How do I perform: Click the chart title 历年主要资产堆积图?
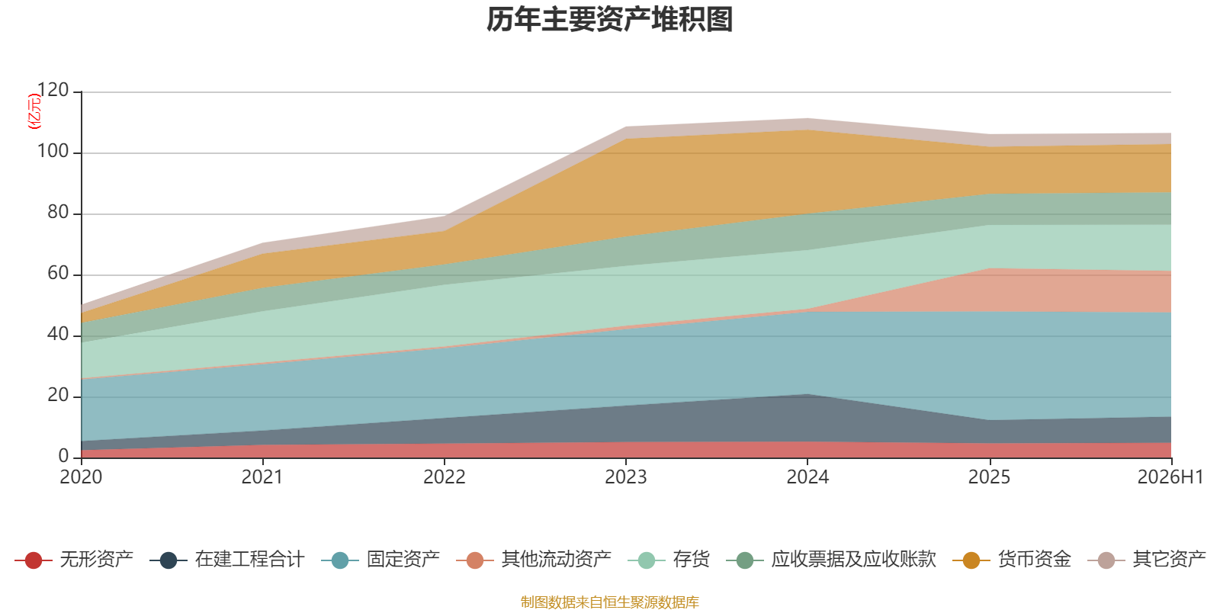(609, 20)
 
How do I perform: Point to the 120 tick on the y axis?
(53, 91)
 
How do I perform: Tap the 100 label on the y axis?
(53, 152)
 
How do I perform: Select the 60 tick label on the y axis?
(58, 274)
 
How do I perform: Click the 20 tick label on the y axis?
(58, 396)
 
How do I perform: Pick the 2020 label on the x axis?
(81, 477)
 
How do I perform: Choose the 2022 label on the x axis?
(445, 477)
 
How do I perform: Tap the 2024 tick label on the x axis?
(807, 477)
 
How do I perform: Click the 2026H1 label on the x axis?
(1170, 477)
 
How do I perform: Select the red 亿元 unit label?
(34, 111)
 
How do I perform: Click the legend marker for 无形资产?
(34, 560)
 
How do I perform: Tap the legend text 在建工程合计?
(249, 560)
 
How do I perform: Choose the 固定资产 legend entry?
(380, 560)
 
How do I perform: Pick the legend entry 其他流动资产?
(534, 560)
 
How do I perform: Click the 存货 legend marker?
(647, 560)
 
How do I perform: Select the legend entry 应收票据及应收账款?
(831, 560)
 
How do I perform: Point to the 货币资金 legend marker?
(971, 560)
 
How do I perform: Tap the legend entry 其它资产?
(1147, 560)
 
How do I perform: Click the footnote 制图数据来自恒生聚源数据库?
(609, 602)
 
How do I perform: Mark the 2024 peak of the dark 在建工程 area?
(807, 394)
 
